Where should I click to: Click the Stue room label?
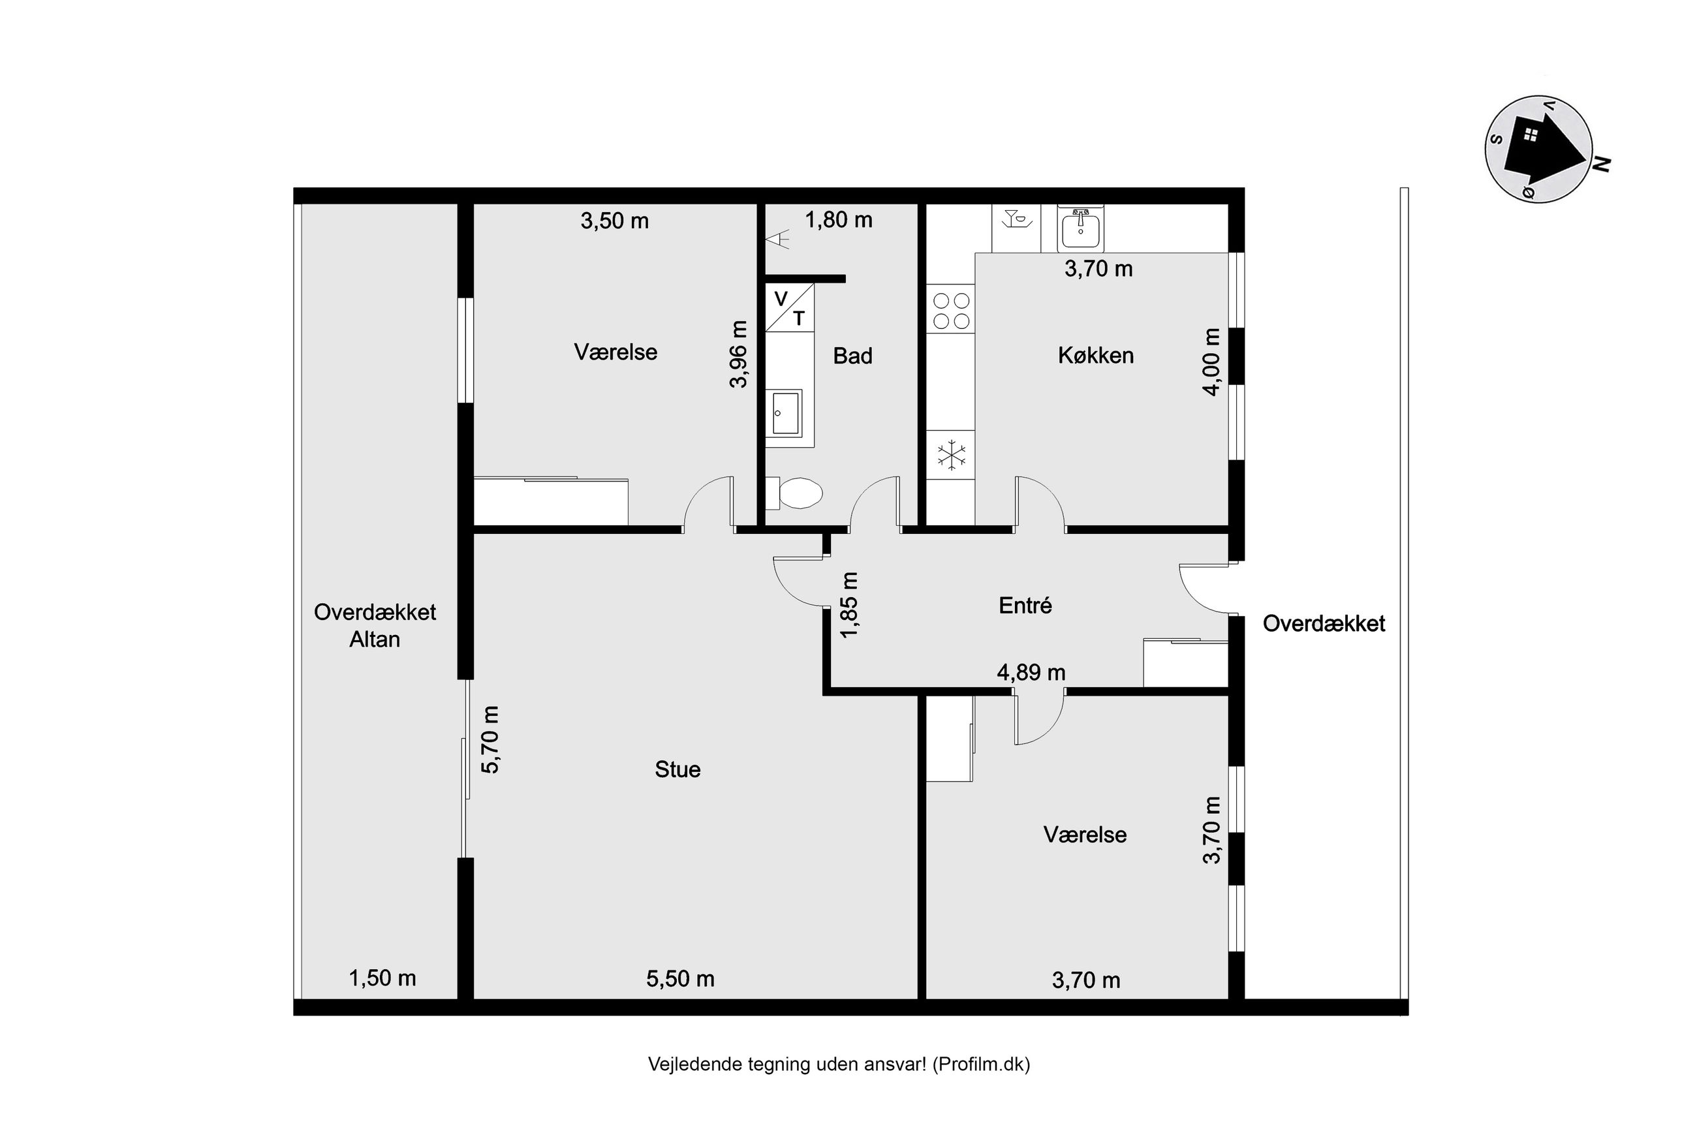[x=677, y=769]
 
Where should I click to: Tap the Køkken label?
[x=1095, y=355]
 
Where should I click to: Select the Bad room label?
[x=852, y=356]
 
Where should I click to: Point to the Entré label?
[x=1025, y=605]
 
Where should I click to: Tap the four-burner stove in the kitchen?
[x=951, y=311]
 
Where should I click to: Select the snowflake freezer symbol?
[x=951, y=455]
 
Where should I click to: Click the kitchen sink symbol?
[x=1080, y=228]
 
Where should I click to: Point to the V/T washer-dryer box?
[x=790, y=307]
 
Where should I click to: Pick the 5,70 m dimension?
[x=490, y=739]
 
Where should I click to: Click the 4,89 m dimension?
[x=1031, y=672]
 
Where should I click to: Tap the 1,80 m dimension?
[x=838, y=220]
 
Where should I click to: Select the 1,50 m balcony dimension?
[x=382, y=978]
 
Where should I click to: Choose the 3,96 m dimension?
[x=738, y=354]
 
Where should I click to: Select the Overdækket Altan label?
[x=374, y=625]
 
